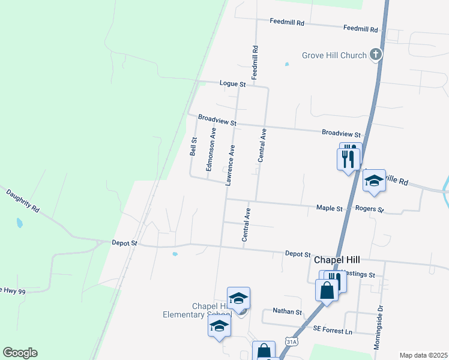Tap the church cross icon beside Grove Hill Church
click(376, 56)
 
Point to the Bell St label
click(193, 146)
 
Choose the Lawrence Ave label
click(230, 164)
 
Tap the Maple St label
click(330, 208)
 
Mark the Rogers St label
click(369, 209)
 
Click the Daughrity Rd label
click(23, 201)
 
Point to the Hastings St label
click(358, 274)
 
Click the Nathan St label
click(287, 312)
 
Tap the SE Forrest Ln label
click(333, 330)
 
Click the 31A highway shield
click(292, 341)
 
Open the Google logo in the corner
click(20, 353)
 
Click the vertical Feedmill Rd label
click(255, 63)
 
